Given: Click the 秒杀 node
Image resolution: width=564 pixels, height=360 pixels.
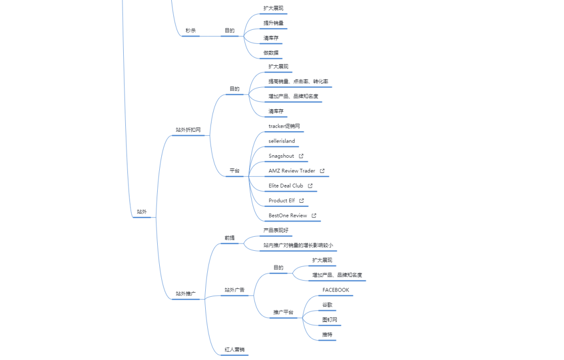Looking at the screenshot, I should (191, 31).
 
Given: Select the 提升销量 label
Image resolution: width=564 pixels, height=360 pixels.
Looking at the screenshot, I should (273, 23).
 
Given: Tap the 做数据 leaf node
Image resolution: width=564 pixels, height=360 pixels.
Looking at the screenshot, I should (271, 53).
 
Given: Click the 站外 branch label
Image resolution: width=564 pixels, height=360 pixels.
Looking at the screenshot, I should (142, 212).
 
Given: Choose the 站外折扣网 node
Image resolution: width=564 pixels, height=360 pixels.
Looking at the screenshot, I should (188, 130).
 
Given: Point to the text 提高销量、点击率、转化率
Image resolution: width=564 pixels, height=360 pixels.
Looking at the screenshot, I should (298, 82).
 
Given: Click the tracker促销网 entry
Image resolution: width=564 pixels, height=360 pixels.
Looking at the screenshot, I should (284, 126).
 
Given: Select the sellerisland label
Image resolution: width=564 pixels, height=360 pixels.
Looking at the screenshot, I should (281, 141).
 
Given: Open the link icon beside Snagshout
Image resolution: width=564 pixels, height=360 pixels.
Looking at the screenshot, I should (301, 156).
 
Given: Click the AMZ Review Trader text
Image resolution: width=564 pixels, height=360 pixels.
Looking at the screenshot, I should (291, 171).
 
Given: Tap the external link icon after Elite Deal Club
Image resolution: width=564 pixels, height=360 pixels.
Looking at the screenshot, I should (310, 185).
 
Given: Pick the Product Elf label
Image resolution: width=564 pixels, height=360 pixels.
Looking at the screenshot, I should (281, 201).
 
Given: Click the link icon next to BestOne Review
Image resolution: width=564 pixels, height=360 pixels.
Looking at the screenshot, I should (314, 215).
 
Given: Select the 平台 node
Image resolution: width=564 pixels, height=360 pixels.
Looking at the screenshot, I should (234, 171).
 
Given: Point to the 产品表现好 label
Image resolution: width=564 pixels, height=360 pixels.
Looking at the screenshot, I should (276, 230).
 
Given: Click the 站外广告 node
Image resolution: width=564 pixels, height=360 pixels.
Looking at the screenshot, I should (234, 290).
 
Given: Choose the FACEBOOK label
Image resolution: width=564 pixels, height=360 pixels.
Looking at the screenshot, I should (336, 290).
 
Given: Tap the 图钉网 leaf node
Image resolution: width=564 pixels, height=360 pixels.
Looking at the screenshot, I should (330, 319).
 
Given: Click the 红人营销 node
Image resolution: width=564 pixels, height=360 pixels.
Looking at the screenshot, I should (234, 350).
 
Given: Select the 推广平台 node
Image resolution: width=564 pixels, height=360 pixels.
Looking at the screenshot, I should (283, 312).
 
